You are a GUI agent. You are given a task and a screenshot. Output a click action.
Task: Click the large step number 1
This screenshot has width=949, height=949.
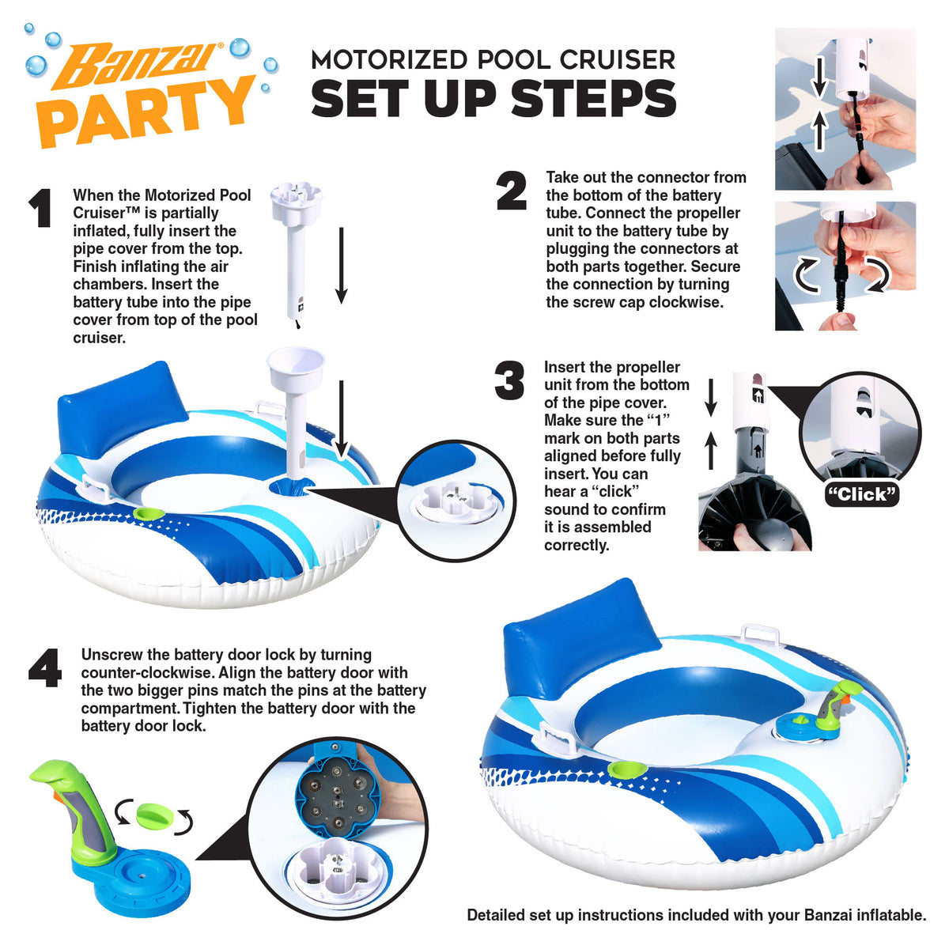[41, 208]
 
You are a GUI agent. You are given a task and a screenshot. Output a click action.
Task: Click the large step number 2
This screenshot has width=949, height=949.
[512, 191]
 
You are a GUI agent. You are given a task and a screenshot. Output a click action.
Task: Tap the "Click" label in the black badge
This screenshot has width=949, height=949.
[861, 494]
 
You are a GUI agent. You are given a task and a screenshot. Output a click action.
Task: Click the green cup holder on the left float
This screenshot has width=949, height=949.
[149, 514]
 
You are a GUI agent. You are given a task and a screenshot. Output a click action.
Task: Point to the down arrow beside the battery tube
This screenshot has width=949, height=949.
[342, 266]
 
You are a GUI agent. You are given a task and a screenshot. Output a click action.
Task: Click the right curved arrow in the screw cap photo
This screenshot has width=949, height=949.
[880, 274]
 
